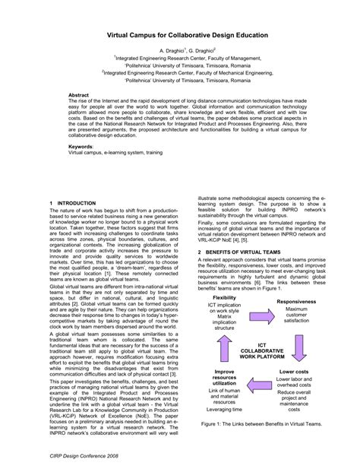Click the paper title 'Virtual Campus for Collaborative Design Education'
click(x=180, y=34)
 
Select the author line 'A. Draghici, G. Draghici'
click(x=180, y=47)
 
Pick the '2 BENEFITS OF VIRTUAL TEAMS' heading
click(x=240, y=252)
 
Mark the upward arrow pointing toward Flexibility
click(x=224, y=334)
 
